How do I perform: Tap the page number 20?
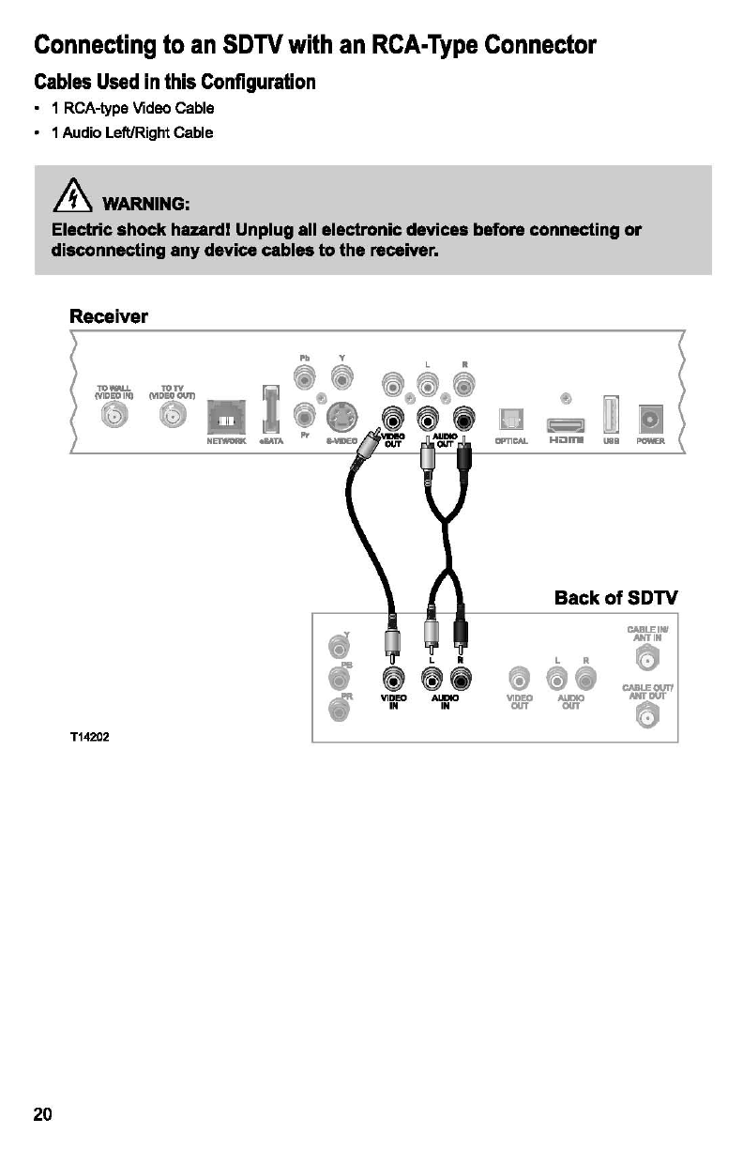pos(43,1114)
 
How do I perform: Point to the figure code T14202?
pos(90,737)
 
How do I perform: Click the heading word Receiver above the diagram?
pos(109,316)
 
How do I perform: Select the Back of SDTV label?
pos(615,598)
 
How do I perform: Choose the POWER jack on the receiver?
pos(650,417)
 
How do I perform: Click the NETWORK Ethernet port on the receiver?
pos(225,413)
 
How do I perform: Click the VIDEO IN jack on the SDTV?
pos(392,678)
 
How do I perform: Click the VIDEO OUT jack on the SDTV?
pos(518,678)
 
